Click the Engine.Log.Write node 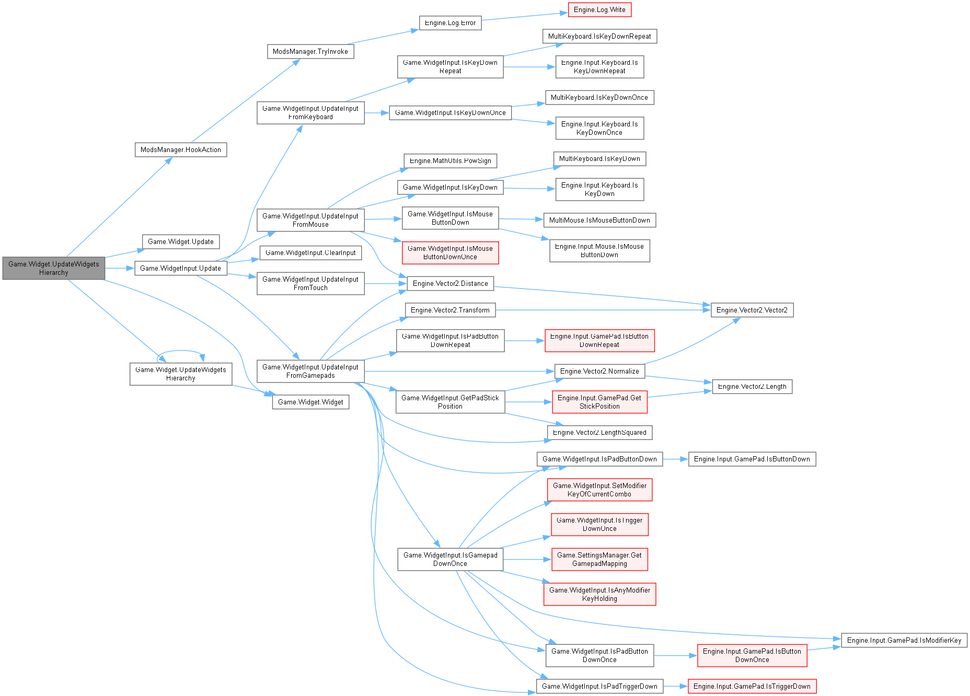(599, 10)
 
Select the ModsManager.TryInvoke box (310, 52)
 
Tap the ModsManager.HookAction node (181, 150)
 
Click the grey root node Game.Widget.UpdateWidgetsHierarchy (53, 269)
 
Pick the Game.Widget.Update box (181, 242)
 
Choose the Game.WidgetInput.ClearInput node (310, 253)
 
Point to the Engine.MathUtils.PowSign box (450, 161)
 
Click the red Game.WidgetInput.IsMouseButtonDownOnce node (450, 253)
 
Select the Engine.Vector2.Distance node (450, 284)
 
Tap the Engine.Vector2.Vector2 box (752, 310)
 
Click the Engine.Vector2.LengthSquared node (599, 433)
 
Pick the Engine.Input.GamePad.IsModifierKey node (904, 641)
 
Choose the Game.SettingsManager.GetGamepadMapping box (599, 560)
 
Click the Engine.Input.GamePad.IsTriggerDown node (752, 687)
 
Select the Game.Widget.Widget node (310, 402)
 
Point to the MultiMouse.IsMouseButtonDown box (599, 221)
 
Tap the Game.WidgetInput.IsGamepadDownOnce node (450, 560)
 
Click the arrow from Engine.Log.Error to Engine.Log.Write (524, 17)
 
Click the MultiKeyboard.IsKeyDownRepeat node (599, 37)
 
